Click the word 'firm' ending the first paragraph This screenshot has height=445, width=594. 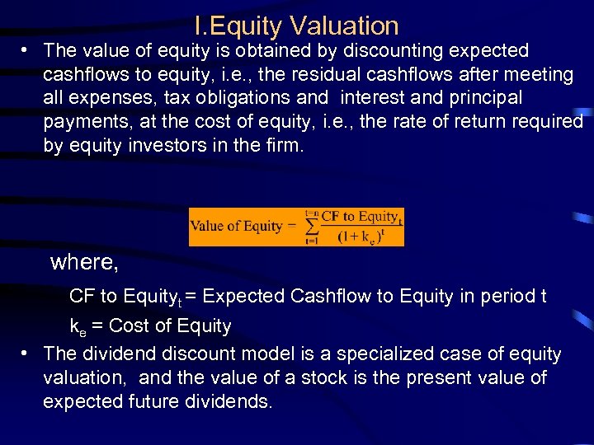pyautogui.click(x=287, y=147)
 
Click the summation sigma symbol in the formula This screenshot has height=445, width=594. pyautogui.click(x=311, y=227)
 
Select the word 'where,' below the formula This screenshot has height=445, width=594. pyautogui.click(x=85, y=262)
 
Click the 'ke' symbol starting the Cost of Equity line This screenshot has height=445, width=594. pyautogui.click(x=78, y=326)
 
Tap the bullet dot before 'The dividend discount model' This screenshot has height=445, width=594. pyautogui.click(x=26, y=353)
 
